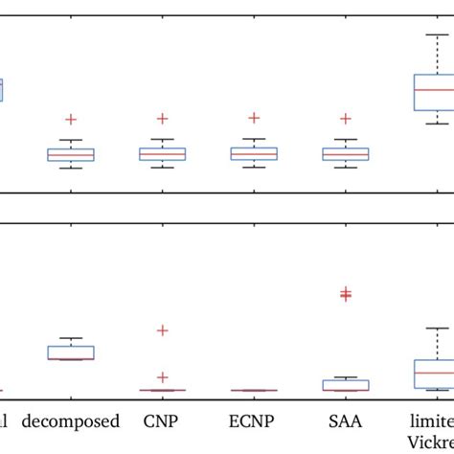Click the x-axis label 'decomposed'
point(71,420)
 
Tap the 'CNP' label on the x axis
point(162,420)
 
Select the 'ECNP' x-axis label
point(254,420)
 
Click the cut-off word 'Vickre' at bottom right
point(432,443)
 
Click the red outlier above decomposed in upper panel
point(71,119)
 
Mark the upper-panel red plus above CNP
point(162,118)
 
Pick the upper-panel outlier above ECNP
point(254,117)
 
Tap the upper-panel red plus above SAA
point(346,119)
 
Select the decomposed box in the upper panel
point(71,154)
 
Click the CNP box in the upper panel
point(162,154)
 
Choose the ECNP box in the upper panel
point(254,153)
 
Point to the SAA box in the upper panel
point(346,154)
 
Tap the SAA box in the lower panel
point(346,385)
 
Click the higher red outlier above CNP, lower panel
point(162,330)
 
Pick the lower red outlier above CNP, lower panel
point(162,377)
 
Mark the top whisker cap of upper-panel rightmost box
point(437,34)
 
